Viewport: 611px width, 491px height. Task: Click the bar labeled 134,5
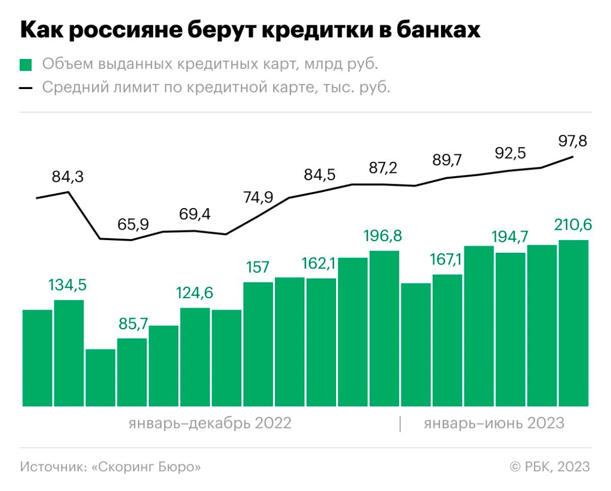point(69,354)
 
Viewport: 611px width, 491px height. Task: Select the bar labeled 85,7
point(132,372)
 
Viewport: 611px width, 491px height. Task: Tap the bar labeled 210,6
point(574,324)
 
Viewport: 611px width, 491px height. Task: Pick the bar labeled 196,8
point(384,329)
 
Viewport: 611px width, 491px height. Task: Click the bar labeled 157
point(258,344)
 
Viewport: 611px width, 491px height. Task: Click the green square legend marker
point(25,65)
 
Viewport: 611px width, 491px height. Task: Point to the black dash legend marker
point(25,88)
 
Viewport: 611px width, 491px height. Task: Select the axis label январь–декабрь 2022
point(210,423)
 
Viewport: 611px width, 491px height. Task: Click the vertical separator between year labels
point(400,424)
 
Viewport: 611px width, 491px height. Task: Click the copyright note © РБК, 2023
point(550,467)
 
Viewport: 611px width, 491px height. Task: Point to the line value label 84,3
point(68,177)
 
